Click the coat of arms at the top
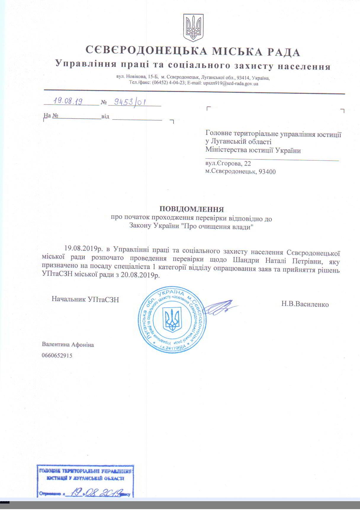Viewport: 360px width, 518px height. [x=193, y=27]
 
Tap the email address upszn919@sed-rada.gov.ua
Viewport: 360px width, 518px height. [x=231, y=84]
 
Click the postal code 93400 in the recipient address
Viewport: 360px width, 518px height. [x=267, y=172]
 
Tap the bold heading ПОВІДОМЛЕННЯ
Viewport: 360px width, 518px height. [x=192, y=209]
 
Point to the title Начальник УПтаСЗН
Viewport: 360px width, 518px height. [x=85, y=299]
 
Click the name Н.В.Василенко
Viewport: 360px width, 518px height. [x=305, y=304]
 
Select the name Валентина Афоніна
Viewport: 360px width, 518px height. [x=68, y=345]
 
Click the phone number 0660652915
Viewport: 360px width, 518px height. [x=57, y=355]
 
